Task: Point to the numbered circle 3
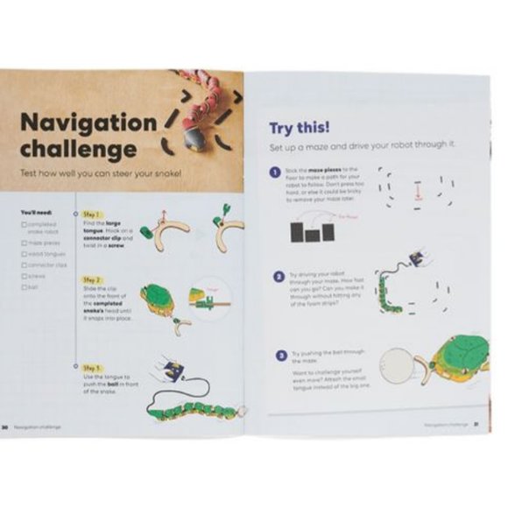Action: coord(280,356)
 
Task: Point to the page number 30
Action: coord(5,427)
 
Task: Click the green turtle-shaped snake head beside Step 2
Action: coord(158,298)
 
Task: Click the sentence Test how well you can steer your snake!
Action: coord(101,173)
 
